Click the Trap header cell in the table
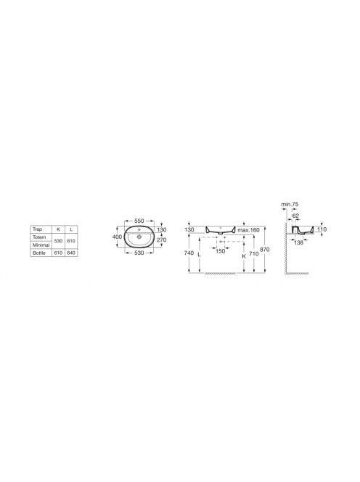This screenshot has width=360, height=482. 38,229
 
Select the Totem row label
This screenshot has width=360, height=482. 39,237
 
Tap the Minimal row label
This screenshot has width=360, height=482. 41,245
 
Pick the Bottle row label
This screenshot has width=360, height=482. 39,253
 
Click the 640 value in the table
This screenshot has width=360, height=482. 71,253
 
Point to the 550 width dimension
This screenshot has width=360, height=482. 139,221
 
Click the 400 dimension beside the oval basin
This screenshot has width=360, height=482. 117,237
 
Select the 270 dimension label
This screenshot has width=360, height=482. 161,240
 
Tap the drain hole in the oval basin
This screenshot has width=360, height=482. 139,237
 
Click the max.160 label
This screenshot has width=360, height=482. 248,230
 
